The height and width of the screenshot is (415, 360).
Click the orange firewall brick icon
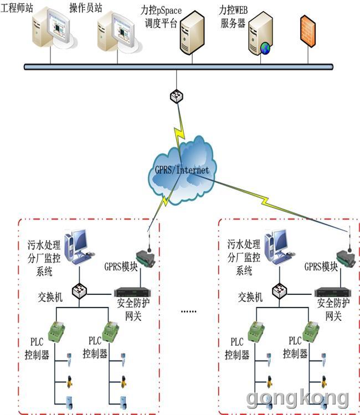(308, 31)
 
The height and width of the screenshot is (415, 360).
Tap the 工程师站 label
(17, 8)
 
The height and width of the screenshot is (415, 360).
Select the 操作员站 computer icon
(119, 32)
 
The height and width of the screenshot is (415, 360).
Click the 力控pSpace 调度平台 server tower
(192, 32)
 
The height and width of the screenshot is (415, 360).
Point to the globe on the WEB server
(265, 49)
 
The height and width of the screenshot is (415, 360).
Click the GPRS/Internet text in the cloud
(182, 170)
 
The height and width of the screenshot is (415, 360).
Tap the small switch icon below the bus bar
(177, 96)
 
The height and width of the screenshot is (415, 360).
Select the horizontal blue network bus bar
(178, 67)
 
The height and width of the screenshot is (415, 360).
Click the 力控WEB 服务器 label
(233, 17)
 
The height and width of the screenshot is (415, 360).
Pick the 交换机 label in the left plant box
(50, 297)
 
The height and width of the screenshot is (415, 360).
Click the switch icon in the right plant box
(280, 291)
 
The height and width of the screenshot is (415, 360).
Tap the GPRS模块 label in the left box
(121, 267)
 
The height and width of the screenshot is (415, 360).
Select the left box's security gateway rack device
(132, 292)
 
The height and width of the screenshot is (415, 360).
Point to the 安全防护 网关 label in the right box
(333, 309)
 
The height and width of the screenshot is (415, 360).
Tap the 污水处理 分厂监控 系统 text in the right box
(244, 257)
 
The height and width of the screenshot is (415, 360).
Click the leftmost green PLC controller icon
(56, 331)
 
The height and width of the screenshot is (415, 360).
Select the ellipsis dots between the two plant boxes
(189, 312)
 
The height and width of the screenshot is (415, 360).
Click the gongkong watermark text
(297, 399)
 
